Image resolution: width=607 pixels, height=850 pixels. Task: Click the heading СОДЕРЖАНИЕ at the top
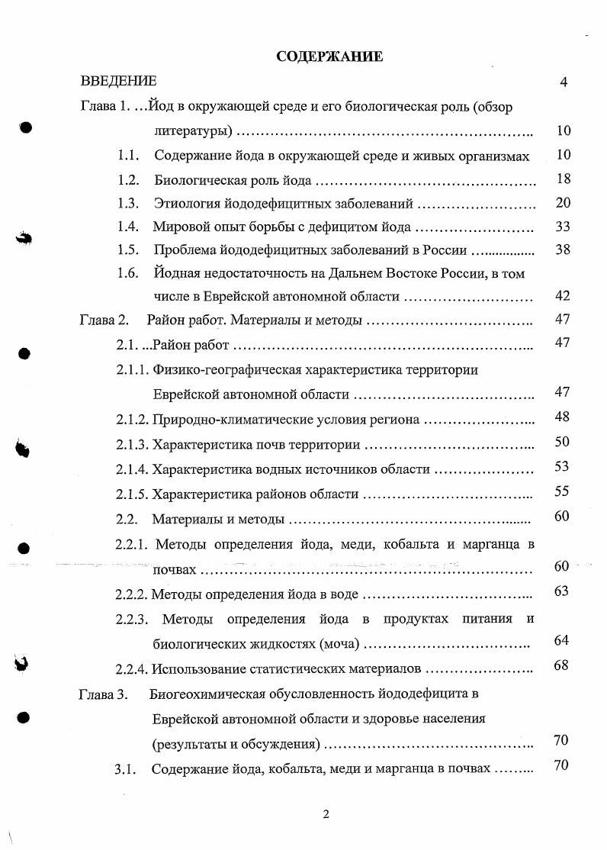pos(329,56)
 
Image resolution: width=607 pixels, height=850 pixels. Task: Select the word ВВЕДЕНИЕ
pos(118,82)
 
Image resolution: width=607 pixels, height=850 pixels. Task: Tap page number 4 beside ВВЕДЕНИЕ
pos(563,82)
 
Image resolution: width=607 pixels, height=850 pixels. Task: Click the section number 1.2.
pos(127,180)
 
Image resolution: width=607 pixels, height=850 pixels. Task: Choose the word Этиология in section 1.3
pos(187,204)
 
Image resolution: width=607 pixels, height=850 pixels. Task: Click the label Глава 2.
pos(103,320)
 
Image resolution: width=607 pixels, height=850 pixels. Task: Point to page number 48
pos(562,417)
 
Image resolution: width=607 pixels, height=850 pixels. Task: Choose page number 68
pos(561,665)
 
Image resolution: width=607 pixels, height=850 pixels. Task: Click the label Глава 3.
pos(103,694)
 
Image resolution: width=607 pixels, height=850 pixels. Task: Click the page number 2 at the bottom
pos(326,814)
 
